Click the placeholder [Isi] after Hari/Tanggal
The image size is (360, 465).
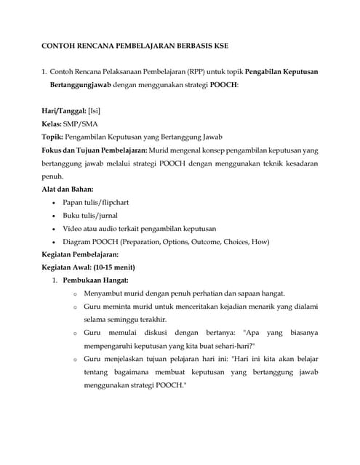click(x=94, y=110)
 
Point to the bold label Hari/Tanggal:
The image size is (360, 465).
click(x=63, y=110)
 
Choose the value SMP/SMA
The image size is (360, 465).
click(x=81, y=124)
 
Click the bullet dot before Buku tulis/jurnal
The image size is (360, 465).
click(x=56, y=216)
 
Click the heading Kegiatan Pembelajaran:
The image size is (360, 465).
click(x=81, y=255)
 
